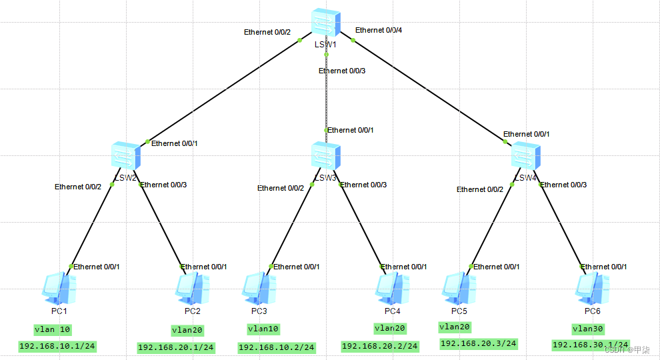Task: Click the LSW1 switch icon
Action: pos(326,23)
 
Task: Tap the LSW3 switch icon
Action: pos(326,155)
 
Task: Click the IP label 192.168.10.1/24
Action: pos(57,346)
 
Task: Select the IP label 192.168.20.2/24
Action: pos(379,346)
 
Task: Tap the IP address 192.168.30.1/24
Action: pos(591,345)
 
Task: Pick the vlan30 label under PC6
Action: pos(589,329)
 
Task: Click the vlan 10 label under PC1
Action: pos(53,329)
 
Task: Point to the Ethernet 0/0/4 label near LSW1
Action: pos(379,30)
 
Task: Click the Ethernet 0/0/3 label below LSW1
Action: pos(342,71)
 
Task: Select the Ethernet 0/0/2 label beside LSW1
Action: pos(267,31)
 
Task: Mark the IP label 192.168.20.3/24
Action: pos(478,343)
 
